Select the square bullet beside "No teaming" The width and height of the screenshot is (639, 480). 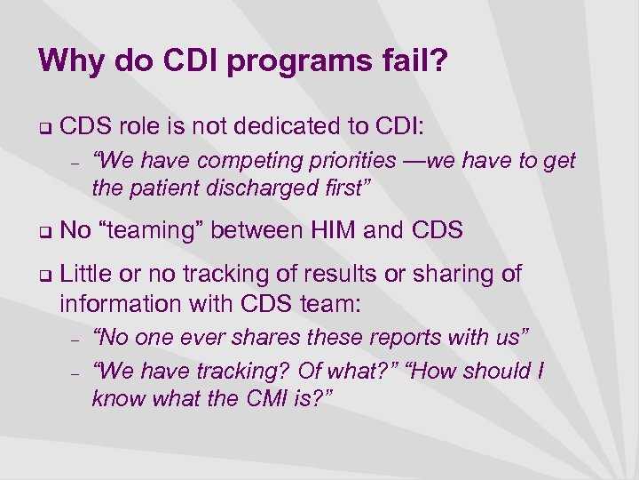click(43, 232)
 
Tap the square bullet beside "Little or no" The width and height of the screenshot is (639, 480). click(43, 275)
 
